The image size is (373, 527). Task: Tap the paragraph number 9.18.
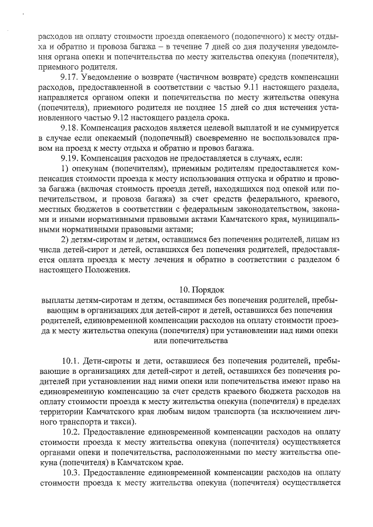[69, 127]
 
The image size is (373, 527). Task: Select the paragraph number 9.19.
[69, 157]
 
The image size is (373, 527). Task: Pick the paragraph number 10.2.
[71, 433]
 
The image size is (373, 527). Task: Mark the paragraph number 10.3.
[71, 472]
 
